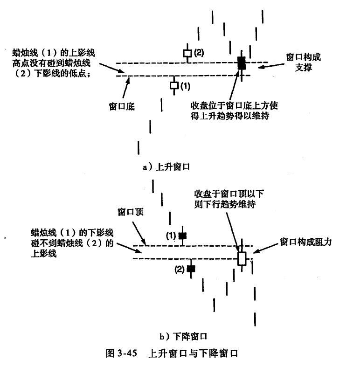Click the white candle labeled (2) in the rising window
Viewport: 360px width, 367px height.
click(x=187, y=53)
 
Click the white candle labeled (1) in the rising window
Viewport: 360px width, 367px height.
click(x=174, y=85)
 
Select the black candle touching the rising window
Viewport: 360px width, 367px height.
click(x=242, y=63)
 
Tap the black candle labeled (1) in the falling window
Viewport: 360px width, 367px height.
click(x=183, y=235)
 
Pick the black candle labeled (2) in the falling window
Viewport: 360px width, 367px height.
click(x=191, y=269)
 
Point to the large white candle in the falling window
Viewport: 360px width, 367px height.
click(x=242, y=259)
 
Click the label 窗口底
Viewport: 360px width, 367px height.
click(x=122, y=106)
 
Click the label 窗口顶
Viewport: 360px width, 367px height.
click(x=131, y=212)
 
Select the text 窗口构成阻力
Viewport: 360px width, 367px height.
click(x=306, y=242)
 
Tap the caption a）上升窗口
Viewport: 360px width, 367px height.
click(x=166, y=167)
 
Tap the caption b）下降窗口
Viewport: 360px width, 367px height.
click(x=184, y=337)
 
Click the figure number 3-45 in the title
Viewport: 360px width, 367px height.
click(x=127, y=353)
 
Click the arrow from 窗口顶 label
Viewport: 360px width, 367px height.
click(x=139, y=233)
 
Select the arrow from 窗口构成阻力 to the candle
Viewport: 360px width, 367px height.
click(x=266, y=249)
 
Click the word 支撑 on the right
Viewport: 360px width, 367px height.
click(x=304, y=68)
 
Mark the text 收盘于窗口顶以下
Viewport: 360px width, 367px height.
click(x=229, y=194)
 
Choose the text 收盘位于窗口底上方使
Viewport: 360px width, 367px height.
click(x=234, y=105)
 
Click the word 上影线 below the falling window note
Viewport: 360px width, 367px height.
click(x=44, y=254)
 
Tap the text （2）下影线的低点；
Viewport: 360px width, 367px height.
click(x=52, y=74)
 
